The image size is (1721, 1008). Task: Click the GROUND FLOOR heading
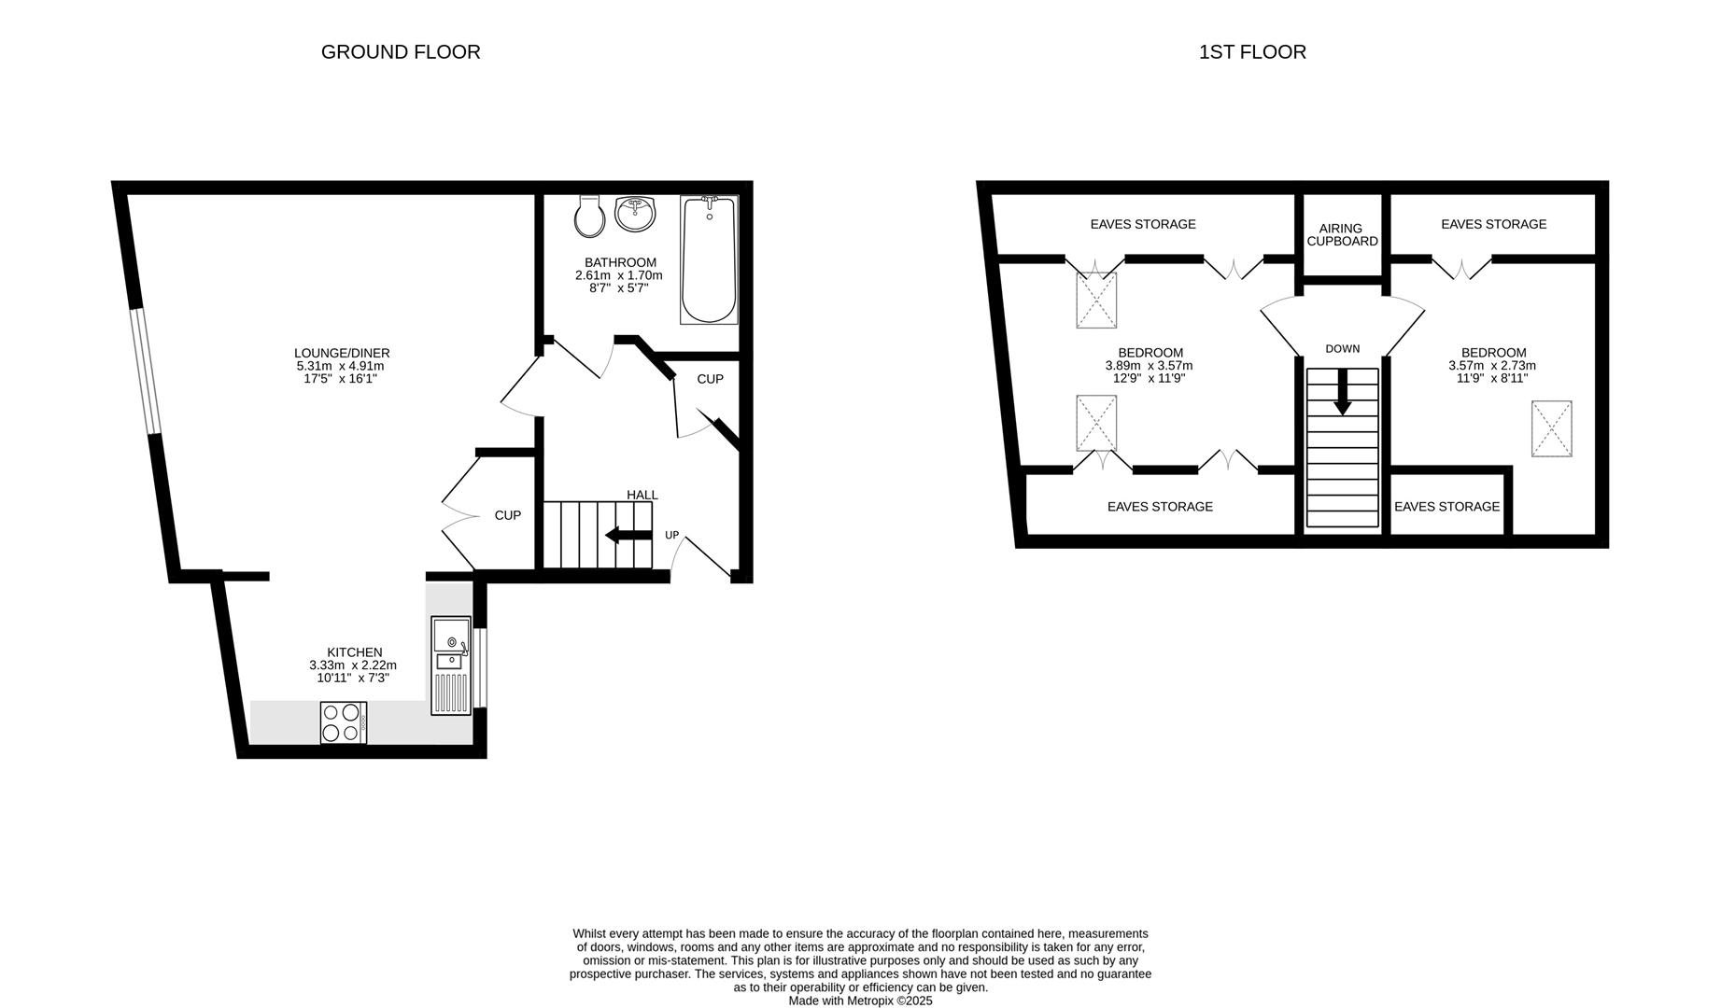tap(401, 52)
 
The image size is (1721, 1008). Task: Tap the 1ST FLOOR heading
tap(1252, 52)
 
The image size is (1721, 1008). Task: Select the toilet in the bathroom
tap(589, 217)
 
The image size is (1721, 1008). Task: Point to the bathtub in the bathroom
tap(710, 259)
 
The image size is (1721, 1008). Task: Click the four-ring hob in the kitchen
tap(343, 722)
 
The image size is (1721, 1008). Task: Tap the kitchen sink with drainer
tap(451, 665)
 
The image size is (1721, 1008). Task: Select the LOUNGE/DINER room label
tap(342, 353)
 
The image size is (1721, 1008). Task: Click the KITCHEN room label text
tap(354, 652)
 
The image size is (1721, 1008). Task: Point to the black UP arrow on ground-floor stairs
tap(628, 535)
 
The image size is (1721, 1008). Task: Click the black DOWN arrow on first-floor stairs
tap(1342, 392)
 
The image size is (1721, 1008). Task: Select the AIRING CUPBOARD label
tap(1342, 234)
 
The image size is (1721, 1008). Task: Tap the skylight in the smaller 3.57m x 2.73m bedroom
tap(1551, 428)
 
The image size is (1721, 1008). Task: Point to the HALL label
tap(642, 495)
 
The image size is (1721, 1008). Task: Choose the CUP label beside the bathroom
tap(710, 379)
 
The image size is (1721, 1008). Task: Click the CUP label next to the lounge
tap(507, 515)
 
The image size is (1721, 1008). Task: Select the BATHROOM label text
tap(620, 262)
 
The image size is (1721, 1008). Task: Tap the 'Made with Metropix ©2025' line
tap(860, 1001)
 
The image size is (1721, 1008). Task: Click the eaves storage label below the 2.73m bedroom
tap(1446, 506)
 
